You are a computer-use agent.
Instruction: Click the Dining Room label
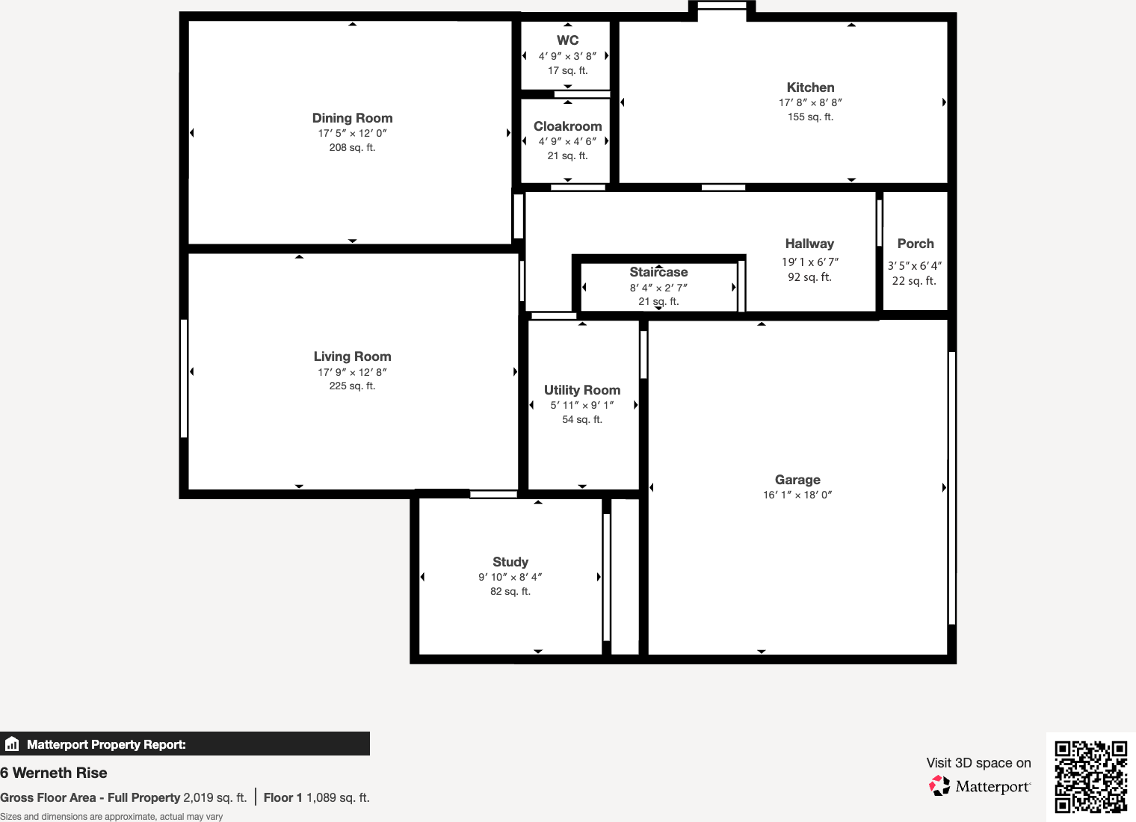(352, 118)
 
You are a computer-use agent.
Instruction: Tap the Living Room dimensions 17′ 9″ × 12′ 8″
(352, 372)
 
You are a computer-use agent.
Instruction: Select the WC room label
(567, 40)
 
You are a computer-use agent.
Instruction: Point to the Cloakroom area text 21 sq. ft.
(567, 155)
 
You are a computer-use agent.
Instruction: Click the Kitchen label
(810, 87)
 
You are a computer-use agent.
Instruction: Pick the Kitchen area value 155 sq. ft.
(810, 117)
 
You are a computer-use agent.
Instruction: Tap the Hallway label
(809, 244)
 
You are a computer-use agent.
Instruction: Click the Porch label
(916, 244)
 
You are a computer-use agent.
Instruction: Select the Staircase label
(658, 272)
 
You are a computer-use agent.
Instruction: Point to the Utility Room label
(582, 390)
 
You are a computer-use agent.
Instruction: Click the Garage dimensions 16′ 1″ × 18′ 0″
(797, 495)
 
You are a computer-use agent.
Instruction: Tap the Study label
(510, 562)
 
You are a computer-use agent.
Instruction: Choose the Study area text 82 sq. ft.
(510, 591)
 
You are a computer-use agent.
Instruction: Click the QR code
(1090, 776)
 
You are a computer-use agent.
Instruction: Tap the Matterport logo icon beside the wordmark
(939, 785)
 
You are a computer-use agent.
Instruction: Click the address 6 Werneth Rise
(54, 773)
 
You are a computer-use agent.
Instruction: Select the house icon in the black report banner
(12, 744)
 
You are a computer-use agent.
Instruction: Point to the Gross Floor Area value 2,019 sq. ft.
(214, 797)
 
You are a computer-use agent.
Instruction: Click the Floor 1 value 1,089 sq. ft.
(338, 797)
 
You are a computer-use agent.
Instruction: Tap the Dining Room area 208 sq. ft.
(352, 147)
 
